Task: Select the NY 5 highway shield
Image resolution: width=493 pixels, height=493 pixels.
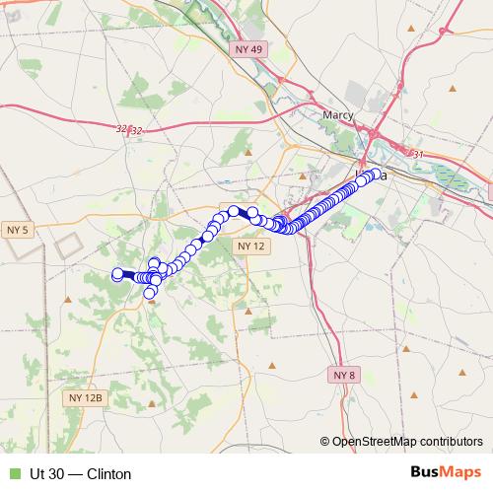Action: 18,230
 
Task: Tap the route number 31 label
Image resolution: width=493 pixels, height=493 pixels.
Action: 417,155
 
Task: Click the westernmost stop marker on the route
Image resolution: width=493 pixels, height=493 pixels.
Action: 118,274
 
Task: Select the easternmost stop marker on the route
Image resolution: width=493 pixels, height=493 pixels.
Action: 376,175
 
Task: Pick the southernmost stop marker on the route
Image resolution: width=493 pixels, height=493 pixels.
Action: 150,292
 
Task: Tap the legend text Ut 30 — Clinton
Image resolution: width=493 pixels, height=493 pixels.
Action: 81,474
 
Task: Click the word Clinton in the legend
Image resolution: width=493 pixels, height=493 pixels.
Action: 109,474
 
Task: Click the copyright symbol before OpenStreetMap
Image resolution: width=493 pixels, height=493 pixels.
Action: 325,442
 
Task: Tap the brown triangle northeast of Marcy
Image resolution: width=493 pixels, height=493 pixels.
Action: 453,88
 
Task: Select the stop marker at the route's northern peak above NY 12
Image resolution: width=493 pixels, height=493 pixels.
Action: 234,211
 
